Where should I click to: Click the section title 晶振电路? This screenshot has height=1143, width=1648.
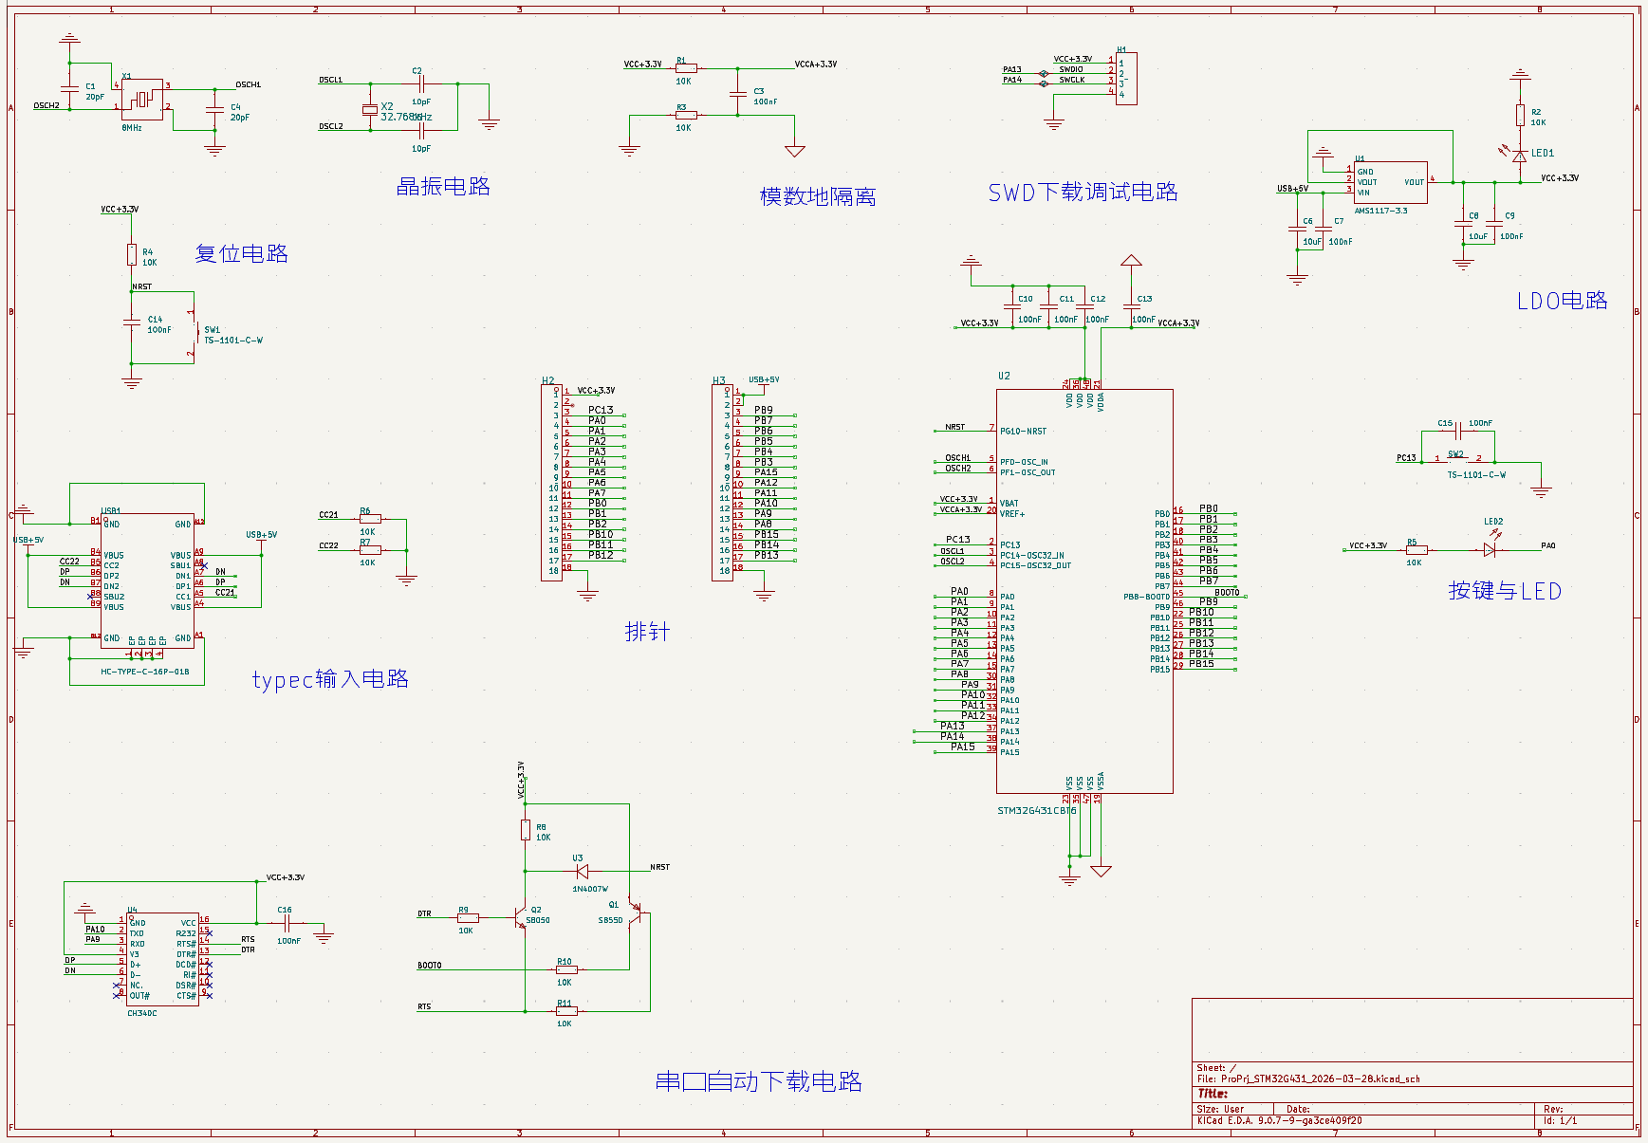point(443,187)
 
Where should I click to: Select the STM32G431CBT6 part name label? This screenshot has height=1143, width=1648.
point(1036,811)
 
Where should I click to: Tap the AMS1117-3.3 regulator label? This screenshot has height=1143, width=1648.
point(1380,211)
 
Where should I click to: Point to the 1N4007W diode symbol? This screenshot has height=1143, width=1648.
point(582,871)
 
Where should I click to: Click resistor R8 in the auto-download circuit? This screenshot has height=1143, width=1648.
point(525,831)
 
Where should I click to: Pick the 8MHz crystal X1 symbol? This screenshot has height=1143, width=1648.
point(142,99)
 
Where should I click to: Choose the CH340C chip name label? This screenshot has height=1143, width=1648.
point(142,1013)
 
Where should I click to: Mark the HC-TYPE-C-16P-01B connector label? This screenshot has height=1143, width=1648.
point(145,672)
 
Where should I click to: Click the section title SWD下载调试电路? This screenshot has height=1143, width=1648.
point(1083,193)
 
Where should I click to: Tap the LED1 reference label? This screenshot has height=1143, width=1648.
point(1543,153)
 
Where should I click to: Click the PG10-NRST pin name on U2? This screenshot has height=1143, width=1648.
point(1023,432)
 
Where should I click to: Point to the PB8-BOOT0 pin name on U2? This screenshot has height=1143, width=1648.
point(1146,597)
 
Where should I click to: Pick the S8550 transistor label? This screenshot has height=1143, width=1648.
point(610,920)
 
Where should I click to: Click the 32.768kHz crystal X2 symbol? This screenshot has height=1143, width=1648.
point(369,110)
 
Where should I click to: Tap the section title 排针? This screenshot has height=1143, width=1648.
point(647,632)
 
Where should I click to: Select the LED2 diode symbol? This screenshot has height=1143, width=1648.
point(1489,549)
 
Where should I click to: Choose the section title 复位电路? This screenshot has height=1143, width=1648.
point(241,254)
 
